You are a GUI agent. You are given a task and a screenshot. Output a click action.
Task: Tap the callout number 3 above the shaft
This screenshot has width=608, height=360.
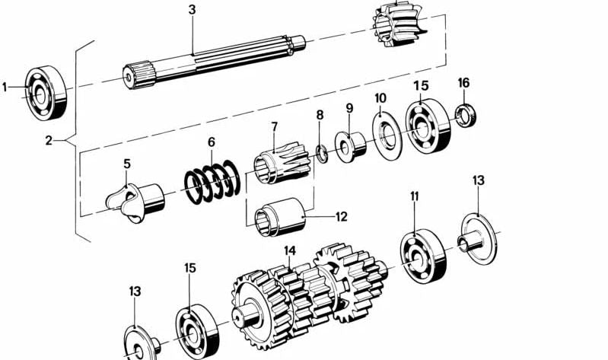click(192, 10)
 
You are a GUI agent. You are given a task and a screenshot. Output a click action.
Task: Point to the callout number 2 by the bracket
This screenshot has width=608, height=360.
click(48, 140)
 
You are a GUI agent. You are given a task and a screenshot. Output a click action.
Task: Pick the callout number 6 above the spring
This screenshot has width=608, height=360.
click(212, 142)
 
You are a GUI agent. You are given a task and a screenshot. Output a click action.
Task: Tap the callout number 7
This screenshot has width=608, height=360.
click(273, 125)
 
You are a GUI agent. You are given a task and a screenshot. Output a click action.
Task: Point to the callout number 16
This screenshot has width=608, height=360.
click(463, 82)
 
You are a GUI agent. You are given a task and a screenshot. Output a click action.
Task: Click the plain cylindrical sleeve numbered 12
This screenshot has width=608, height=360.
click(284, 214)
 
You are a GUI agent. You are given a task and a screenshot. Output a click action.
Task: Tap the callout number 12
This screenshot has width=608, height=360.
click(341, 217)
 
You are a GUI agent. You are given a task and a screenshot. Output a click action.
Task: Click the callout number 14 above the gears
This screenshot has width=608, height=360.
click(290, 250)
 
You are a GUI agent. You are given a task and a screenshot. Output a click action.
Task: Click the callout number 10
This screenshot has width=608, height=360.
click(380, 97)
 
